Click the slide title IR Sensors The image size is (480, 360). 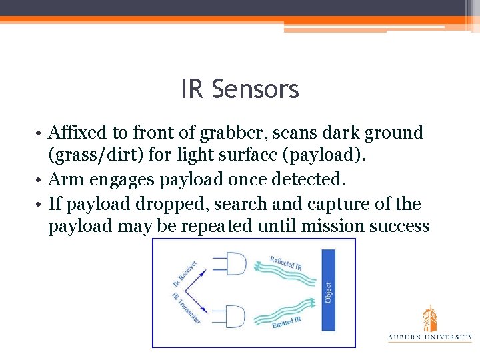239,89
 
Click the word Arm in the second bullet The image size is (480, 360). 63,180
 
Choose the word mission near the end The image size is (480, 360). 334,227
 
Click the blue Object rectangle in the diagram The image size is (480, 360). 328,291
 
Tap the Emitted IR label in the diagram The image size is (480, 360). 287,321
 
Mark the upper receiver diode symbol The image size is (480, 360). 235,265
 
